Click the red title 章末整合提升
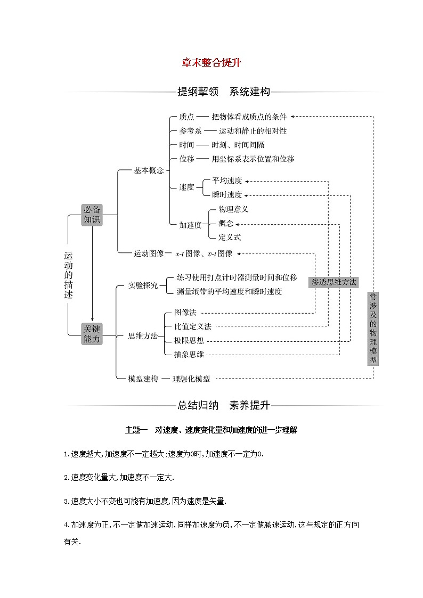click(x=211, y=63)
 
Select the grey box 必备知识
click(x=92, y=215)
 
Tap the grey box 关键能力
click(x=92, y=333)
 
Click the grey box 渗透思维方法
click(x=334, y=282)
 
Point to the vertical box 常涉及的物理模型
click(x=373, y=327)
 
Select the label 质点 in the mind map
click(x=186, y=117)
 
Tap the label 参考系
click(x=190, y=130)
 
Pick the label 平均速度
click(x=227, y=181)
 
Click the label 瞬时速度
click(x=227, y=194)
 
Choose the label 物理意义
click(x=233, y=209)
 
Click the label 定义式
click(x=230, y=237)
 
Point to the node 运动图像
click(x=149, y=253)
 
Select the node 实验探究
click(x=143, y=285)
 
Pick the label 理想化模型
click(x=191, y=379)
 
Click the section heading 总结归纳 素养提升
click(x=224, y=405)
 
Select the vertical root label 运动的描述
click(x=68, y=274)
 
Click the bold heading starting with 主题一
click(x=210, y=430)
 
